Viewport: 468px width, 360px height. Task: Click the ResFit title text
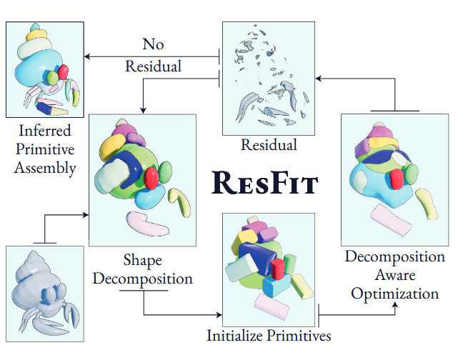click(x=264, y=183)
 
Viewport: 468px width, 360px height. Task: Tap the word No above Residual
click(x=153, y=44)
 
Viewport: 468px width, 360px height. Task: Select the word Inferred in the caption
click(x=45, y=130)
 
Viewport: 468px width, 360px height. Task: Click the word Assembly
click(x=45, y=168)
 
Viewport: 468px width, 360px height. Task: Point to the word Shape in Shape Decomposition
click(x=143, y=260)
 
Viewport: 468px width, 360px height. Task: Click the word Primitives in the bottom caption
click(x=299, y=336)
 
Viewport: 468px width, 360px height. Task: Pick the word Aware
click(x=395, y=275)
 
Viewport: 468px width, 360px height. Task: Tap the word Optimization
click(x=395, y=294)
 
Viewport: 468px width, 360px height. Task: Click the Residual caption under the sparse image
click(x=269, y=145)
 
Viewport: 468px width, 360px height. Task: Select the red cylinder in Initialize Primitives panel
click(x=278, y=269)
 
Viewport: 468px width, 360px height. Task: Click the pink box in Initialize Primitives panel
click(x=272, y=306)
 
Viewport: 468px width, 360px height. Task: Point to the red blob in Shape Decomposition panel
click(x=151, y=178)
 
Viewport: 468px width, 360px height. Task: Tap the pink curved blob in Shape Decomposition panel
click(x=147, y=224)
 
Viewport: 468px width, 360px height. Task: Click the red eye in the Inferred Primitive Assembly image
click(x=64, y=71)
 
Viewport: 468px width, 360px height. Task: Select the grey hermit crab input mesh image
click(x=45, y=294)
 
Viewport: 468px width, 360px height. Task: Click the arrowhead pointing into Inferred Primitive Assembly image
click(x=87, y=56)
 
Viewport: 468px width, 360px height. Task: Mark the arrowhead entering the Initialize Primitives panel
click(x=219, y=315)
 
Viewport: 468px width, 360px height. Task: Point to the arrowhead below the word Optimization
click(x=395, y=304)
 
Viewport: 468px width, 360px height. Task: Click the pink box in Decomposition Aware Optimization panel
click(x=391, y=221)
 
